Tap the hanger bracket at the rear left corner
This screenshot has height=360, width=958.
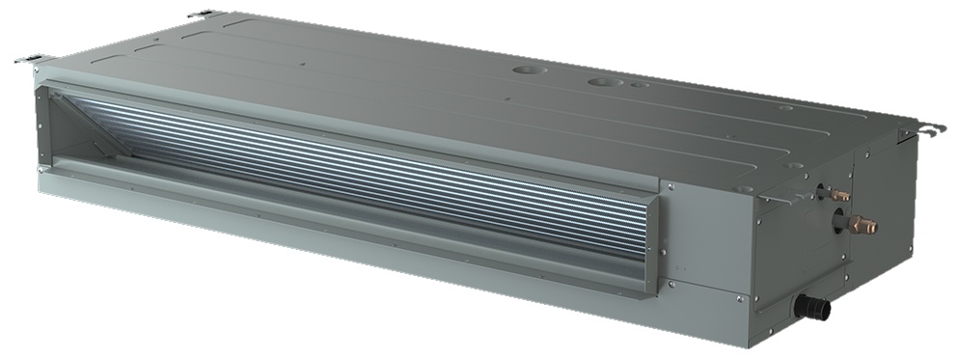(205, 14)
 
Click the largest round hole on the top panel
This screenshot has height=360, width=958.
(526, 71)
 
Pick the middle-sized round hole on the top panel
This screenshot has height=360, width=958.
(603, 82)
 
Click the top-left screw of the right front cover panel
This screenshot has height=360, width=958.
(671, 188)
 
